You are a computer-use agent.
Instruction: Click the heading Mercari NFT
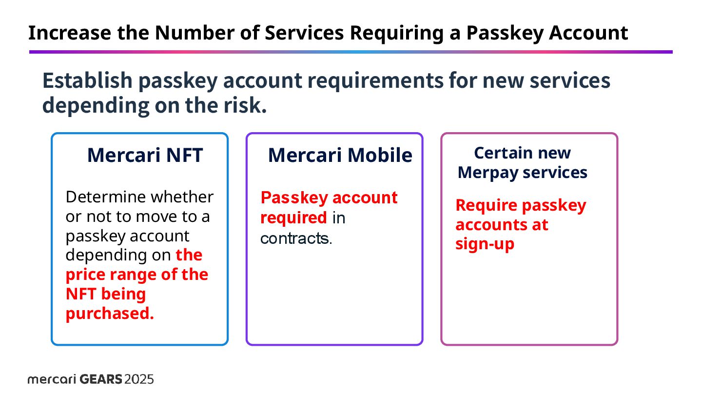tap(145, 155)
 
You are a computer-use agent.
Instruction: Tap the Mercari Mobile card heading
tap(340, 155)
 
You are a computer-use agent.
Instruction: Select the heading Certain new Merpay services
tap(522, 163)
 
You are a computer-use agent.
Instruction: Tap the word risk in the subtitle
tap(244, 105)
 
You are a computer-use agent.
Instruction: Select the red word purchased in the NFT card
tap(110, 314)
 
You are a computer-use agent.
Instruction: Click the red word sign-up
tap(485, 244)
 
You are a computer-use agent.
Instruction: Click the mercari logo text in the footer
tap(51, 379)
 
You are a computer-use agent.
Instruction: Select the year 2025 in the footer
tap(139, 379)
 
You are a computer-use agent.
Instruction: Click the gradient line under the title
tap(351, 52)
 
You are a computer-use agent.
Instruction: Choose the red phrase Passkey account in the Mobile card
tap(329, 197)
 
